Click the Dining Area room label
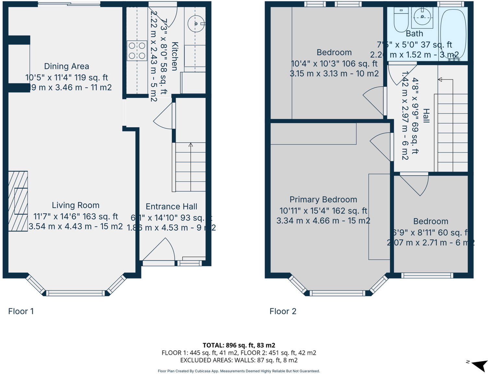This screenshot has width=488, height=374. pyautogui.click(x=66, y=66)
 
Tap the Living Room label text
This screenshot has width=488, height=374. pyautogui.click(x=76, y=205)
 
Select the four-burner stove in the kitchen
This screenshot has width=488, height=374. pyautogui.click(x=137, y=51)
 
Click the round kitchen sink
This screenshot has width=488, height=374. pyautogui.click(x=196, y=24)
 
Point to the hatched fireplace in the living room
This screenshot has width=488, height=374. pyautogui.click(x=18, y=201)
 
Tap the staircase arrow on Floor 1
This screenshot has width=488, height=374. pyautogui.click(x=191, y=145)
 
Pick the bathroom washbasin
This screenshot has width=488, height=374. pyautogui.click(x=422, y=17)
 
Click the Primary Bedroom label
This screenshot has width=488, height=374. pyautogui.click(x=323, y=199)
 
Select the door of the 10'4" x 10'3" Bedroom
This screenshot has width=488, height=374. pyautogui.click(x=375, y=100)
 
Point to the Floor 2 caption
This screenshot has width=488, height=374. pyautogui.click(x=283, y=311)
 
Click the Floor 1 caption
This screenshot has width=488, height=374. pyautogui.click(x=21, y=311)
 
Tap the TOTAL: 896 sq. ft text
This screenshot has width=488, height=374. pyautogui.click(x=239, y=345)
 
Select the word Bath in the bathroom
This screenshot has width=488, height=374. pyautogui.click(x=414, y=33)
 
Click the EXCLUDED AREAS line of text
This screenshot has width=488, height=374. pyautogui.click(x=239, y=360)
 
